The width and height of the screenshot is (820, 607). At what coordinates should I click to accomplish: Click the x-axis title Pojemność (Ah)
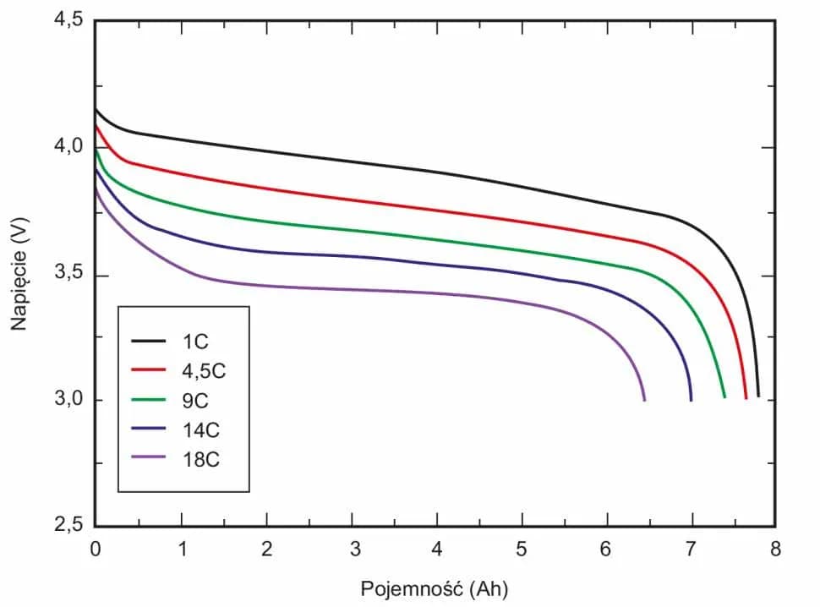click(x=435, y=588)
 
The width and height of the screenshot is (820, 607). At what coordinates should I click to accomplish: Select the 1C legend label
click(x=194, y=342)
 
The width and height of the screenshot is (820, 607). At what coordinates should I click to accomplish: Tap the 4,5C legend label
click(x=203, y=371)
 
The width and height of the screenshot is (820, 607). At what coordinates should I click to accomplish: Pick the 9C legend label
click(x=194, y=400)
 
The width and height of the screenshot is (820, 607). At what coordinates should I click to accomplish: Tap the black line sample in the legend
click(x=150, y=342)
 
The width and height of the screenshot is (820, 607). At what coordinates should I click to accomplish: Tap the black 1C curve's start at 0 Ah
click(x=96, y=109)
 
